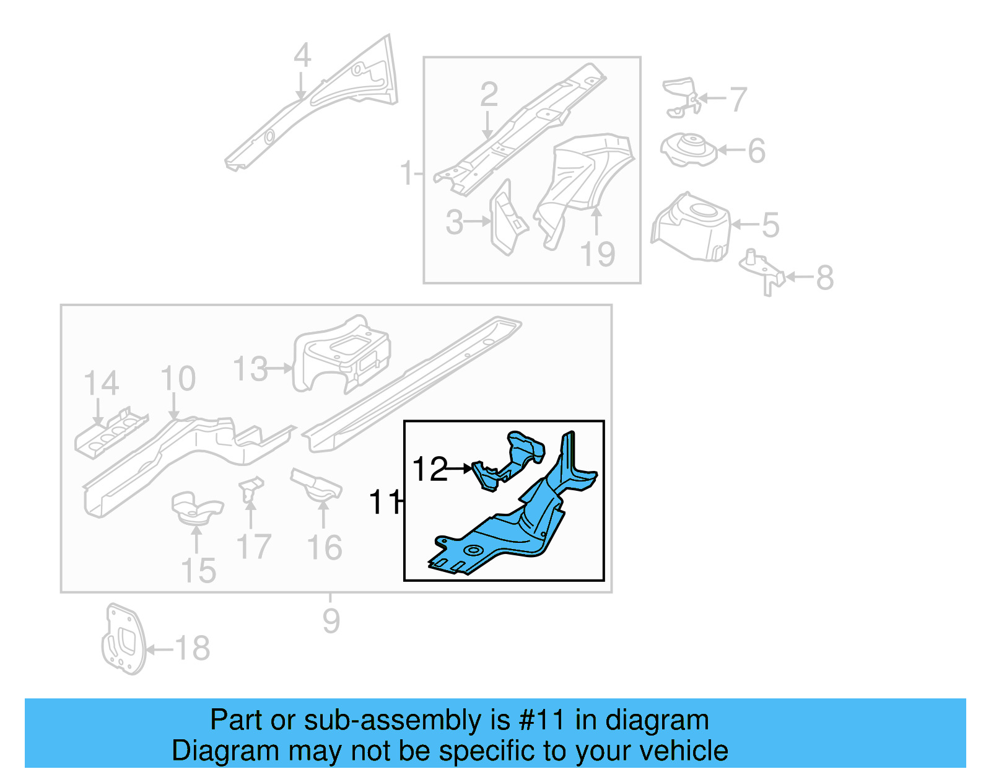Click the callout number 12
click(x=429, y=469)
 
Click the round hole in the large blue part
click(x=474, y=550)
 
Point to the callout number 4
click(x=302, y=56)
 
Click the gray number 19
click(x=598, y=254)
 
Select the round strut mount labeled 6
click(x=688, y=151)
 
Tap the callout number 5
click(x=770, y=225)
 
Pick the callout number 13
click(x=251, y=369)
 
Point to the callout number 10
click(x=178, y=379)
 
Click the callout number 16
click(x=325, y=548)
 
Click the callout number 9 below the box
click(x=331, y=621)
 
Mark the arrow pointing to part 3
click(x=478, y=221)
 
